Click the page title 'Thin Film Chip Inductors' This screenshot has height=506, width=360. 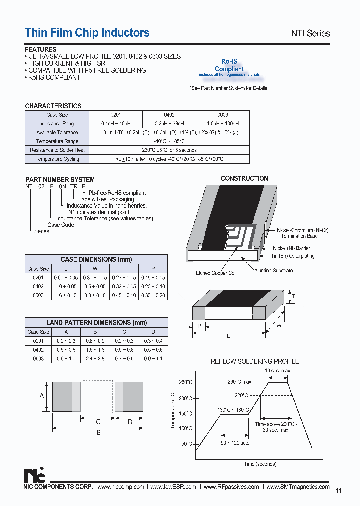(x=87, y=33)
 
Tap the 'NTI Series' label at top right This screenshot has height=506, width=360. (x=310, y=33)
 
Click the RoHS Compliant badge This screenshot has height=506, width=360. (x=229, y=69)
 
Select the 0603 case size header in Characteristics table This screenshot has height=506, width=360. (x=223, y=115)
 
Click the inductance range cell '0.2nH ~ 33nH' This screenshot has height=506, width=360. (x=169, y=124)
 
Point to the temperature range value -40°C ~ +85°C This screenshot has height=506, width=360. (x=169, y=141)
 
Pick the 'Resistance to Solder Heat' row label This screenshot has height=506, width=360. (x=57, y=150)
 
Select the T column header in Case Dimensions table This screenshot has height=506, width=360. (x=124, y=269)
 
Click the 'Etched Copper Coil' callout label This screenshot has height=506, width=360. (x=216, y=273)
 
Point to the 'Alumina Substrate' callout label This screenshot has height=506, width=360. (x=273, y=270)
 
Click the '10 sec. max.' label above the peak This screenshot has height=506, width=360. (x=279, y=371)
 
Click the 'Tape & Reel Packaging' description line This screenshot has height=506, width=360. (x=106, y=199)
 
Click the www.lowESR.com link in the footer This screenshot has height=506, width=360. (x=173, y=487)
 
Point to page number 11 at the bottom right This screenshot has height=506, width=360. (x=338, y=491)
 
